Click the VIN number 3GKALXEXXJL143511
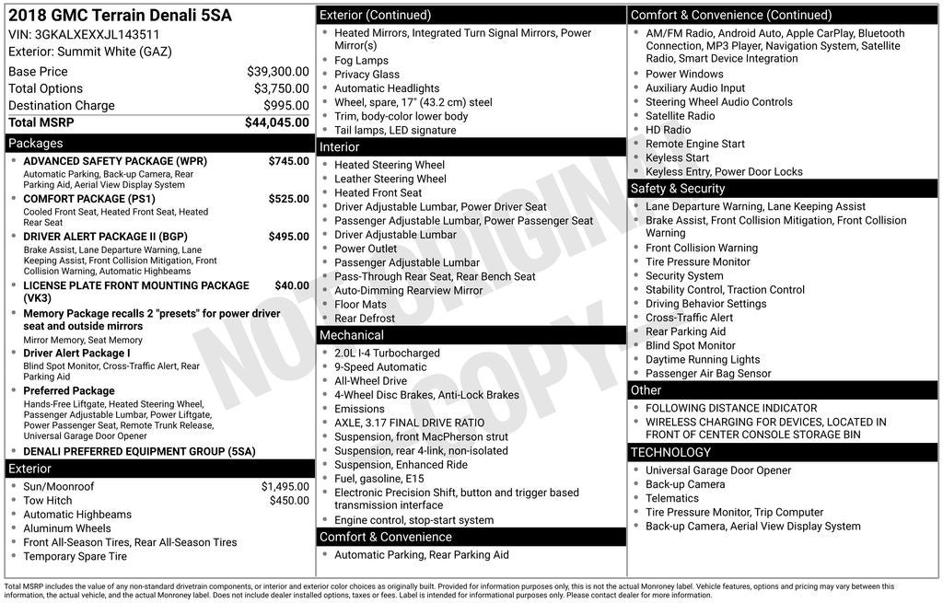coord(97,35)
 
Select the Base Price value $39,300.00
coord(277,72)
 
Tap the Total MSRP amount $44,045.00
coord(276,122)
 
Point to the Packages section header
coord(36,144)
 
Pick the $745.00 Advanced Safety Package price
coord(288,161)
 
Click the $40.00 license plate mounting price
coord(292,286)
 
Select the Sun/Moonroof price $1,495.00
coord(285,487)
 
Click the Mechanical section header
coord(352,335)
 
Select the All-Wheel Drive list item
coord(370,381)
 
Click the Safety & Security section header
coord(678,189)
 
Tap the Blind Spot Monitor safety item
coord(690,346)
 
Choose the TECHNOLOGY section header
coord(670,453)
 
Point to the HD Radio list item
coord(668,130)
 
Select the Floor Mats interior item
coord(360,305)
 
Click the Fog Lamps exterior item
coord(361,61)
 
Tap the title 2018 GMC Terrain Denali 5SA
coord(120,16)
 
